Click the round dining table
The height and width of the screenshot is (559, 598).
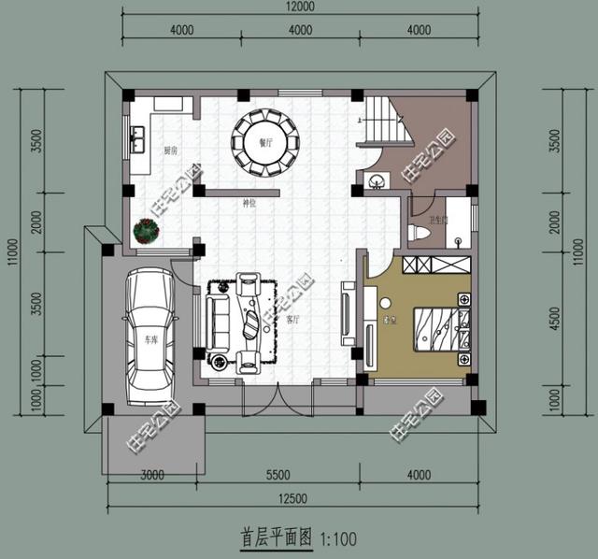(x=267, y=143)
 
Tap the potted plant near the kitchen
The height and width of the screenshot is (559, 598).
(x=147, y=230)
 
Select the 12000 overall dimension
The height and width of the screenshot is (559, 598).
(x=298, y=7)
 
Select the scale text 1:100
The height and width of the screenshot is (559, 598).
(x=338, y=538)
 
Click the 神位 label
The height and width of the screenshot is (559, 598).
(x=249, y=202)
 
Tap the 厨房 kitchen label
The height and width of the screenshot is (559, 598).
(x=171, y=150)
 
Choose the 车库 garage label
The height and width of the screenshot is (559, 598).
(x=150, y=341)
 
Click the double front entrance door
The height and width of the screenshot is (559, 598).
(x=264, y=397)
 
